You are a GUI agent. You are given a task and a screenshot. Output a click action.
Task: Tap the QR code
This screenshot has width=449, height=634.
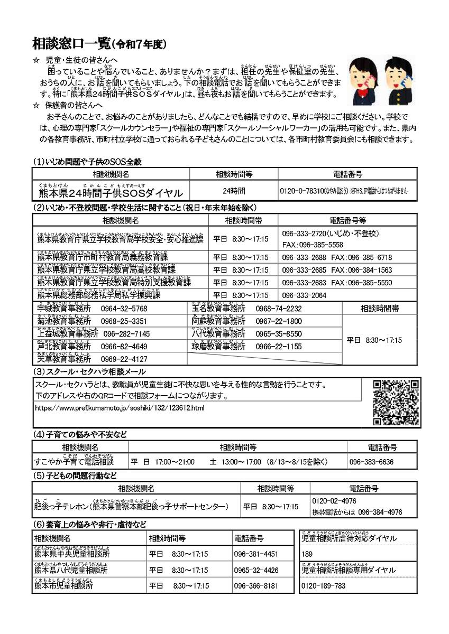click(x=397, y=402)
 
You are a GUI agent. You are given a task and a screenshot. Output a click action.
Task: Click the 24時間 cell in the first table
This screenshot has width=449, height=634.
click(x=234, y=191)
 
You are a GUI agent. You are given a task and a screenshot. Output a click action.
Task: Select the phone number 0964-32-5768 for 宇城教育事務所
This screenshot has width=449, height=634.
click(x=124, y=309)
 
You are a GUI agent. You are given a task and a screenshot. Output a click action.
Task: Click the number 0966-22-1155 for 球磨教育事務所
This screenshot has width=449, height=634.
click(x=279, y=347)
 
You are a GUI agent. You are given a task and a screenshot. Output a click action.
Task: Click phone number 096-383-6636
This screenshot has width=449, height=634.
click(x=371, y=461)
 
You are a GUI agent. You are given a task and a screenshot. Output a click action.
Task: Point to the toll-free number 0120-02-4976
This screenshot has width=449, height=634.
click(x=334, y=501)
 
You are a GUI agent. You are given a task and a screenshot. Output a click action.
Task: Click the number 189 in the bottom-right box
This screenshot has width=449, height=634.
click(x=307, y=554)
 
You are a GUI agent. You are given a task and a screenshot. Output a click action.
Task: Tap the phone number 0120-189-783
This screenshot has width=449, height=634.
click(x=323, y=586)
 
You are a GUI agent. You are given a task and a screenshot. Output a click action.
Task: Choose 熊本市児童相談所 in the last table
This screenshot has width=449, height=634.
click(x=63, y=586)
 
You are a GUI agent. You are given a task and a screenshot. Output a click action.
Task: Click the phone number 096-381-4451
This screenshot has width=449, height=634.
click(x=256, y=554)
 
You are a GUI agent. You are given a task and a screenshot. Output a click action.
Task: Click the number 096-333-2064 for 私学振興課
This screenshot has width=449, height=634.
click(x=304, y=295)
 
